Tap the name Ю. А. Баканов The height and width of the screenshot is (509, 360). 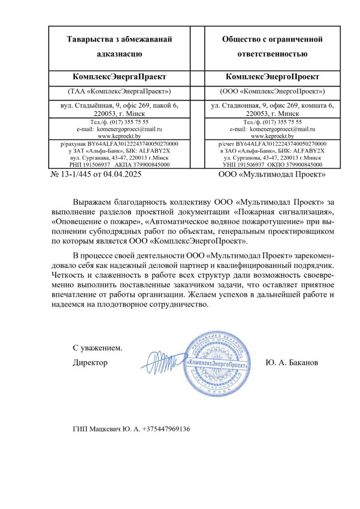[x=292, y=362]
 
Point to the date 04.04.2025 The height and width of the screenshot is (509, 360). [x=119, y=174]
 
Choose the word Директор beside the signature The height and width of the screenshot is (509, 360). [x=90, y=362]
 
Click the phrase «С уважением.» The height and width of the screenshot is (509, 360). [x=97, y=347]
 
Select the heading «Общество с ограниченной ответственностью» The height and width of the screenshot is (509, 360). [x=272, y=46]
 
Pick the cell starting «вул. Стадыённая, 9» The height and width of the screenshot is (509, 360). [x=119, y=109]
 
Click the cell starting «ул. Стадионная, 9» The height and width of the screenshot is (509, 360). [x=272, y=109]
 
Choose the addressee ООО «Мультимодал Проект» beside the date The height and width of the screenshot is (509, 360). [x=272, y=174]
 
